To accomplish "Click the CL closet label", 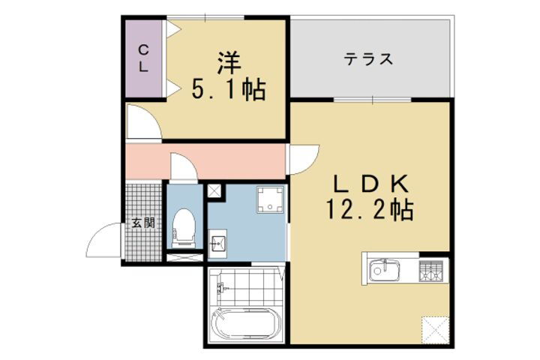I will pos(142,58).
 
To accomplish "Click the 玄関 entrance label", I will pos(143,223).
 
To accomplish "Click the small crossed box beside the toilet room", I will pos(214,191).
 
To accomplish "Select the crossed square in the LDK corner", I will pos(434,328).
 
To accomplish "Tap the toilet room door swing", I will pos(182,166).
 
